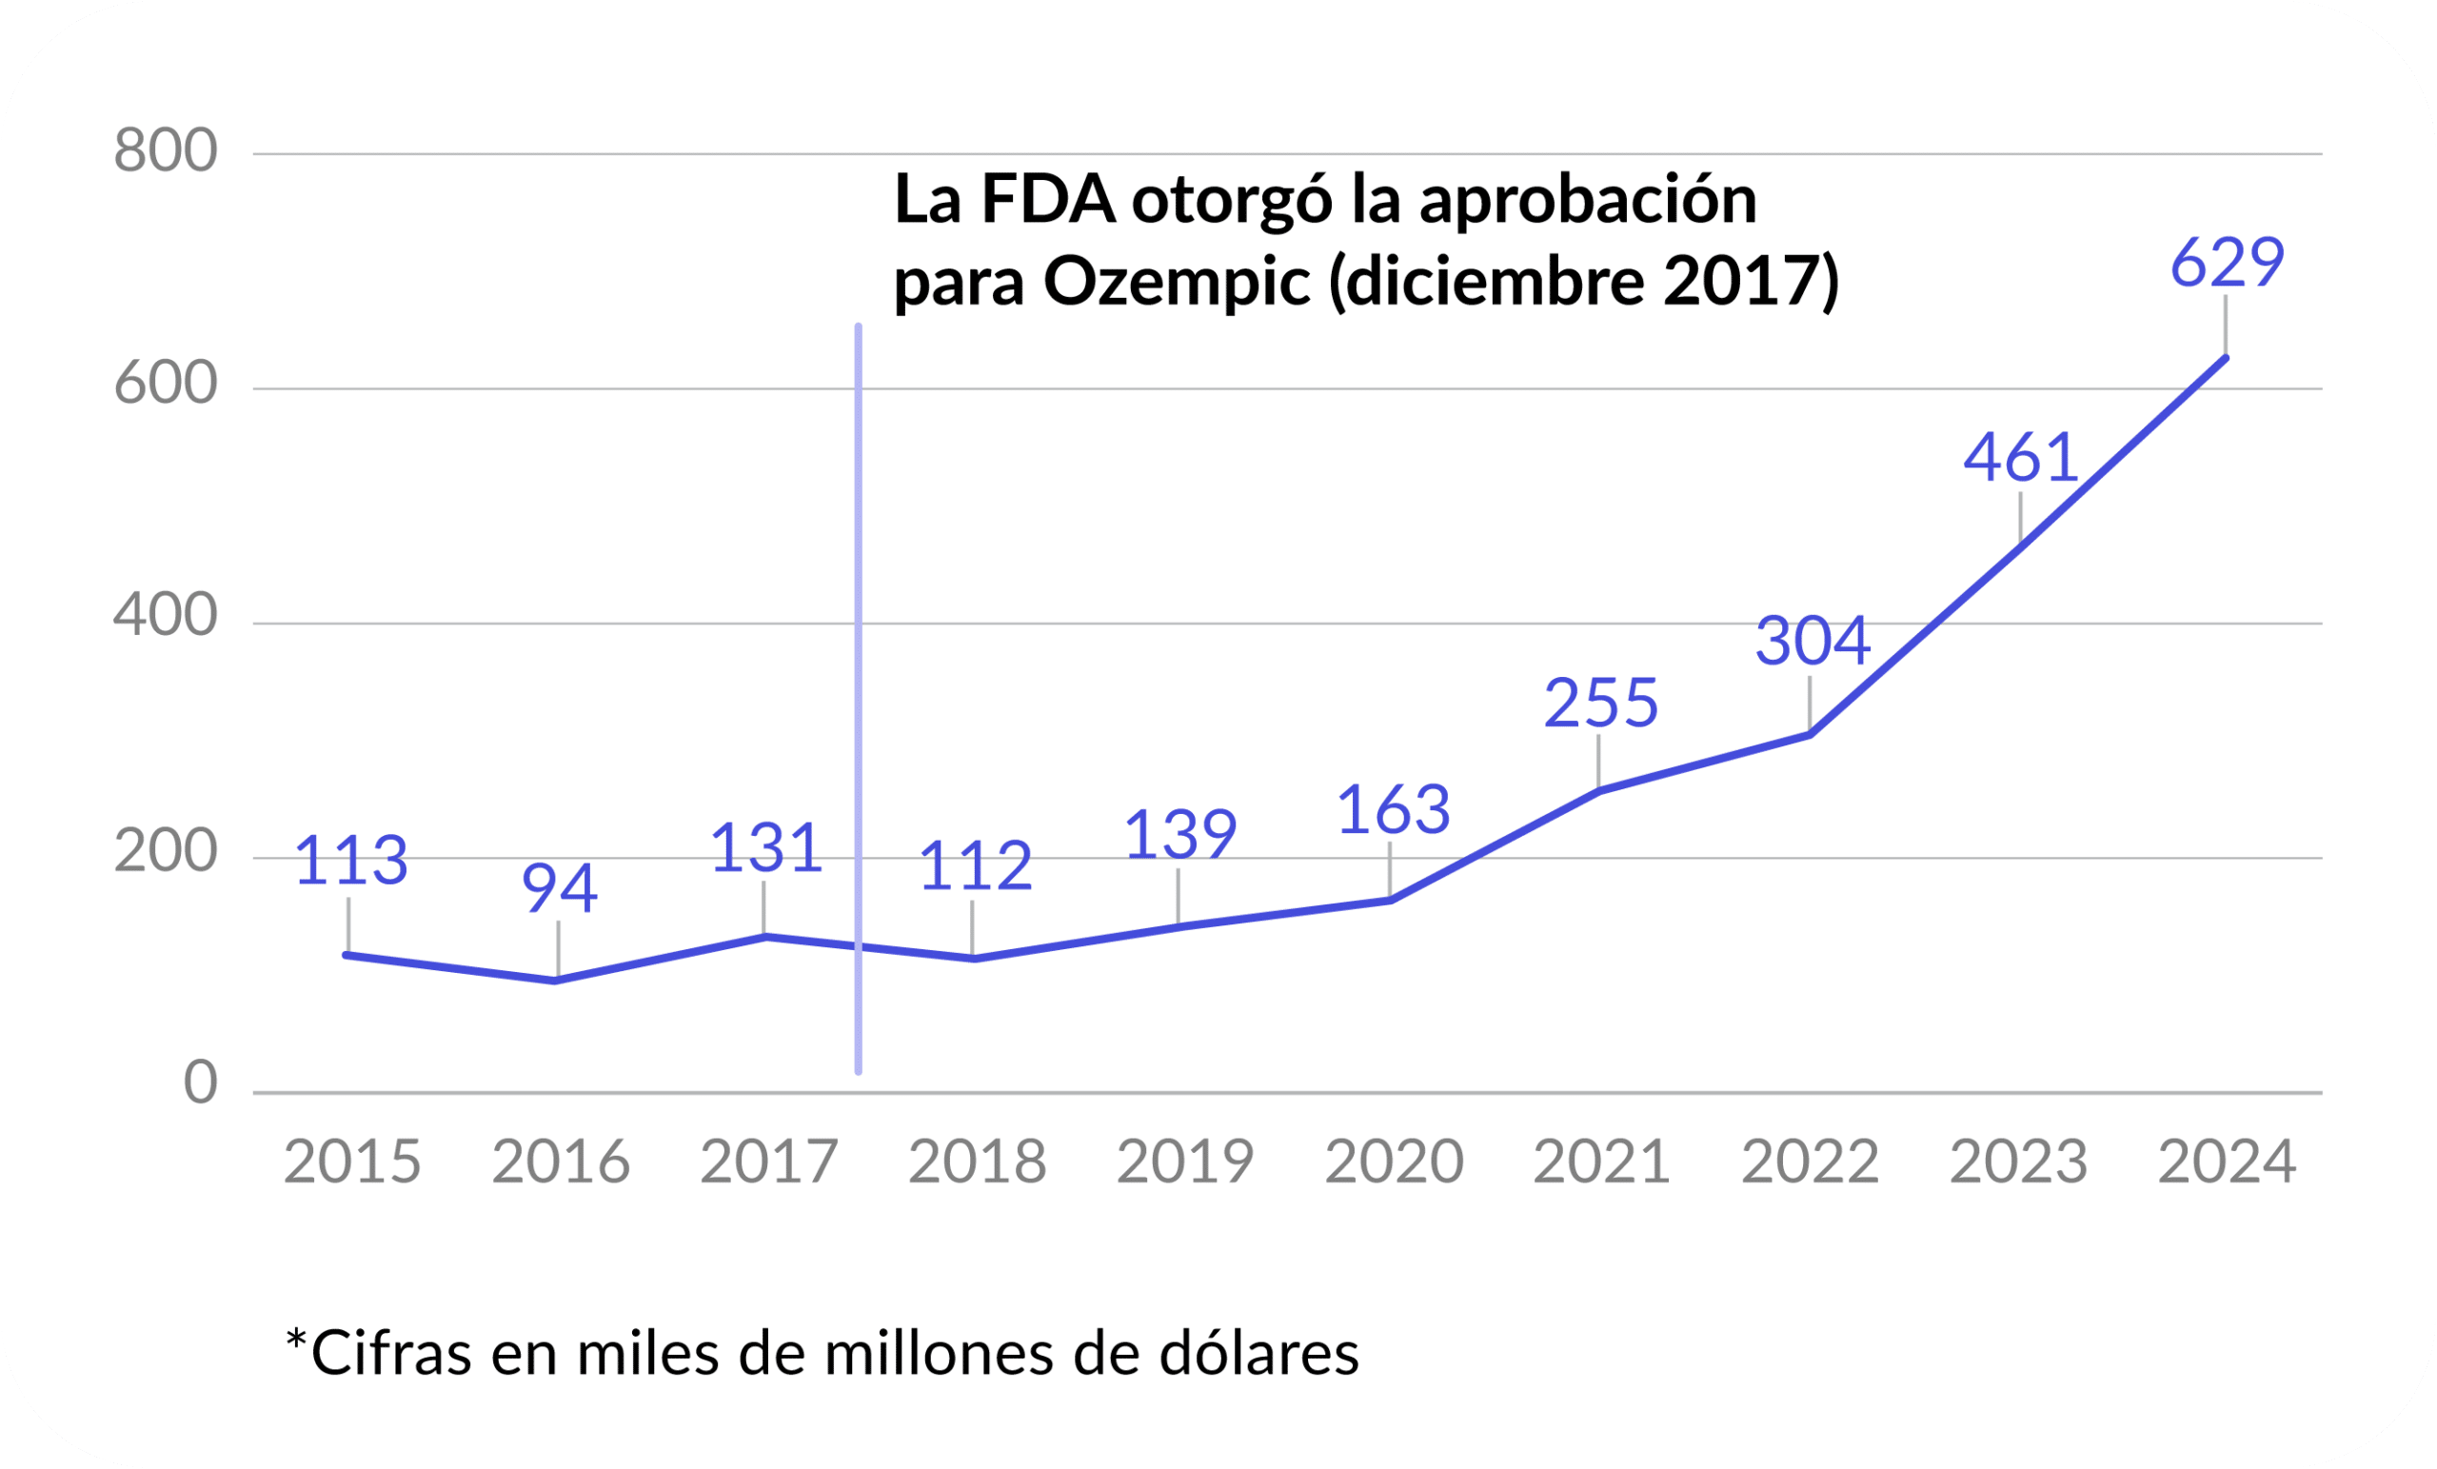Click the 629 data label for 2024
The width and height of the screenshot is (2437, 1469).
pos(2227,263)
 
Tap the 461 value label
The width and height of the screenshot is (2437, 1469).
pos(2021,459)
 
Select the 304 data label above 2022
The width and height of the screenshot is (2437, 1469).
pos(1813,641)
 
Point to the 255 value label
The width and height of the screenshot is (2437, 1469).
pos(1601,705)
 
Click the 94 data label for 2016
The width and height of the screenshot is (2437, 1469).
pos(560,888)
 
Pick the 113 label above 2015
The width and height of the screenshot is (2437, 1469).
pos(351,861)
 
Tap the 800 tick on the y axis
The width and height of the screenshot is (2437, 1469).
pos(166,151)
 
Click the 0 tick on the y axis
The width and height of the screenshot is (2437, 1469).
pos(201,1083)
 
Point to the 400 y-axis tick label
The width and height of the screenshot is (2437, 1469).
pos(166,615)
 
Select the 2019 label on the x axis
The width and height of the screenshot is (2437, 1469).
pos(1185,1162)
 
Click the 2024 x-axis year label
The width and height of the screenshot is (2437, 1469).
pos(2227,1162)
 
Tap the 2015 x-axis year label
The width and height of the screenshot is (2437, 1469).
pos(352,1162)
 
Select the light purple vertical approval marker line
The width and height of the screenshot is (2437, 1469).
pos(859,692)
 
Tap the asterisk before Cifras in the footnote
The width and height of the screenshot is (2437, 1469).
pos(295,1341)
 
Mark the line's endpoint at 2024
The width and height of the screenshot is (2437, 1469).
pos(2226,358)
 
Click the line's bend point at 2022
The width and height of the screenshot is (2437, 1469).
pos(1810,734)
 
